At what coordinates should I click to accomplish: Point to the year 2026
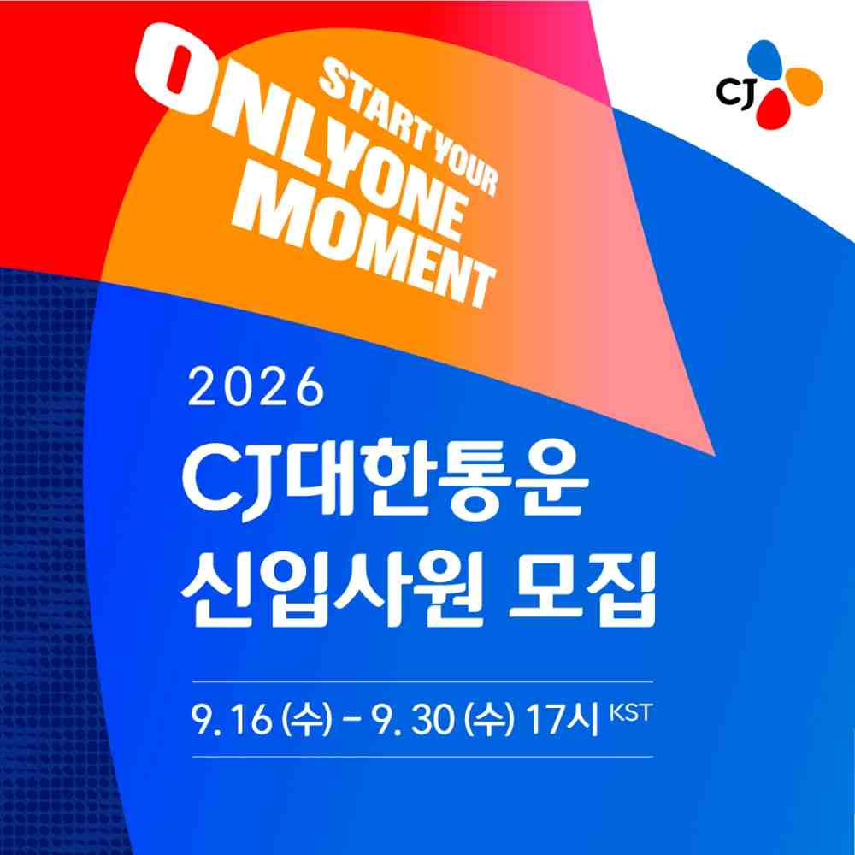pyautogui.click(x=256, y=387)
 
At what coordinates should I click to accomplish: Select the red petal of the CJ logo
pyautogui.click(x=772, y=109)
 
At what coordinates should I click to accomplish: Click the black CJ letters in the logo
pyautogui.click(x=735, y=92)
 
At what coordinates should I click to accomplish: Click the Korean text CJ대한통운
pyautogui.click(x=385, y=480)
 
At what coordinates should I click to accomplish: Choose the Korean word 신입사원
pyautogui.click(x=332, y=591)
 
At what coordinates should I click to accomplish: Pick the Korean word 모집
pyautogui.click(x=581, y=591)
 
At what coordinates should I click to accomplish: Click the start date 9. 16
pyautogui.click(x=231, y=720)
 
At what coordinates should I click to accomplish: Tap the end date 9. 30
pyautogui.click(x=413, y=720)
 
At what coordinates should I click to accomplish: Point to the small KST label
pyautogui.click(x=630, y=713)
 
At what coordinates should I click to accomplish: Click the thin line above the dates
pyautogui.click(x=422, y=681)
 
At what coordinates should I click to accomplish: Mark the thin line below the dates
pyautogui.click(x=422, y=757)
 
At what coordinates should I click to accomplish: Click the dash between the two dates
pyautogui.click(x=351, y=722)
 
